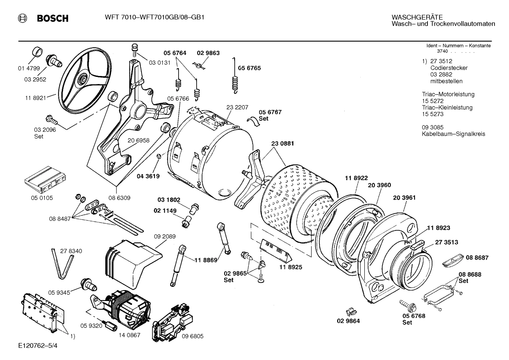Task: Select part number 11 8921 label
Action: [x=35, y=98]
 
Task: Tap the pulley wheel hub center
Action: [x=83, y=78]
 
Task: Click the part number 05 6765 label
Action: [x=249, y=68]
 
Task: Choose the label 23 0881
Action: [x=282, y=143]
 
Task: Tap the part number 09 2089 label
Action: [x=164, y=236]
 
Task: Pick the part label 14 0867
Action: [x=130, y=335]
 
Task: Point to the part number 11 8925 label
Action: [x=291, y=267]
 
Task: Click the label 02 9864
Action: [x=348, y=321]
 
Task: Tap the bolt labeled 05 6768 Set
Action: [x=406, y=304]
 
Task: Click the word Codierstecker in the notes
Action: [x=449, y=68]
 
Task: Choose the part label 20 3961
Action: [x=404, y=198]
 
